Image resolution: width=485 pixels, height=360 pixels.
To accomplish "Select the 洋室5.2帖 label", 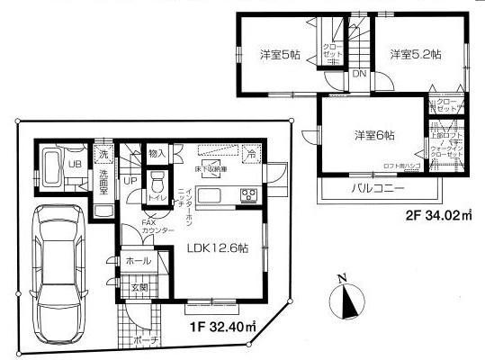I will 416,54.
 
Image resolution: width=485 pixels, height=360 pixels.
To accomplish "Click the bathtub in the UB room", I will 49,168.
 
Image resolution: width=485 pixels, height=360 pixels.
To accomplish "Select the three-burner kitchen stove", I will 247,197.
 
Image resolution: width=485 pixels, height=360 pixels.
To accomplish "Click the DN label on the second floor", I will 359,75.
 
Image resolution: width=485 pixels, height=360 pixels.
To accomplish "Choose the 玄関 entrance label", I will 140,288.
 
